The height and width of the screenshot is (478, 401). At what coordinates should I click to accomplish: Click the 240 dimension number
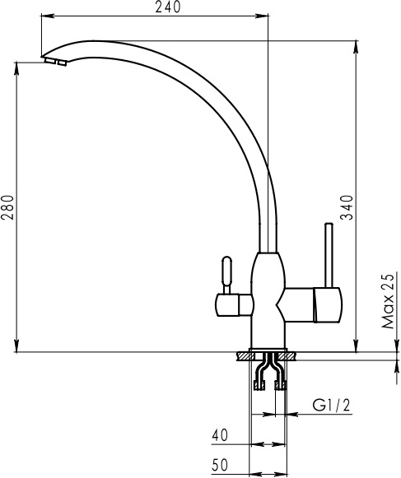[168, 7]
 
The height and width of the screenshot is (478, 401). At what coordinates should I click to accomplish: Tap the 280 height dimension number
[7, 207]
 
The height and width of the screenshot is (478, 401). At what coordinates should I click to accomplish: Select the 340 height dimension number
[347, 207]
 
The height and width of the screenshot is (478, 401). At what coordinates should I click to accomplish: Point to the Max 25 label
[389, 300]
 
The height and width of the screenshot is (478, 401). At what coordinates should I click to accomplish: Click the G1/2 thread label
[331, 406]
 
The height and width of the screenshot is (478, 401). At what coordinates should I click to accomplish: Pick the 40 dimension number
[220, 435]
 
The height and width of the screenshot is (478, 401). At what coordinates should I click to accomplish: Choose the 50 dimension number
[220, 465]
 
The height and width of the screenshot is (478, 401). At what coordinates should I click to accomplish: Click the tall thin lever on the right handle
[329, 255]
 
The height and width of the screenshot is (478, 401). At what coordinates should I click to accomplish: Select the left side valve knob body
[235, 305]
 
